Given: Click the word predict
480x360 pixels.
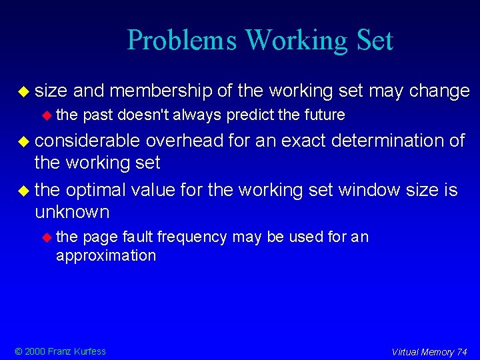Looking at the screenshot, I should click(250, 115).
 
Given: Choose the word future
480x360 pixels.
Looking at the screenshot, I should click(325, 115).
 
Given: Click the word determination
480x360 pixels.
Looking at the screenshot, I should click(378, 141).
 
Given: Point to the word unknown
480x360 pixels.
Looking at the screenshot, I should click(71, 212).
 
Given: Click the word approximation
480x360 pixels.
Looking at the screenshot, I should click(106, 255).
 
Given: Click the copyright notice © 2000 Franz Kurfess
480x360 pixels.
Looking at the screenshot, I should click(61, 351).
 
